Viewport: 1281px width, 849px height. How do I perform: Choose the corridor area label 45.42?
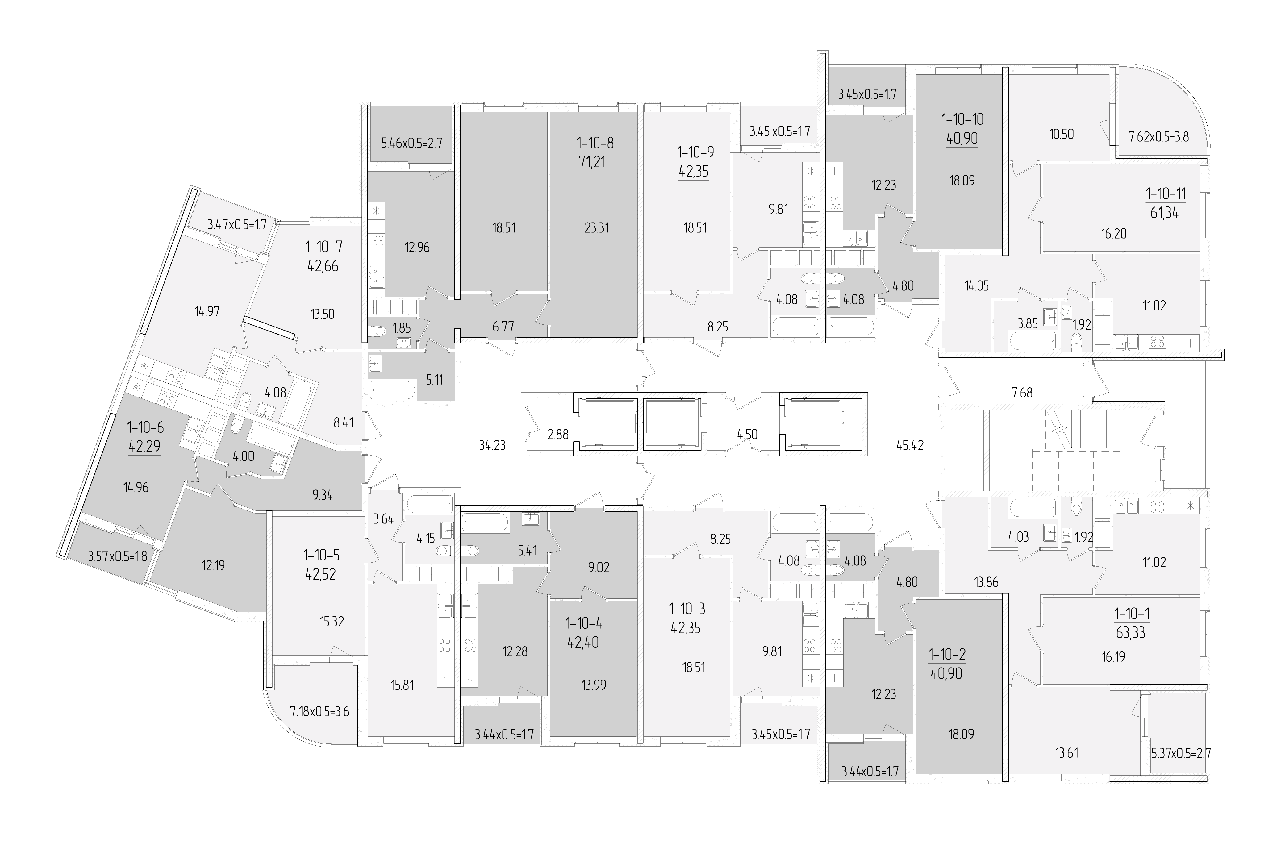point(910,446)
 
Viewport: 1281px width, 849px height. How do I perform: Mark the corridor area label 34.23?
point(492,446)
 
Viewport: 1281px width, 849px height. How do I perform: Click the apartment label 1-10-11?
point(1166,194)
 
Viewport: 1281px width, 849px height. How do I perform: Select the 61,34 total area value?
point(1165,213)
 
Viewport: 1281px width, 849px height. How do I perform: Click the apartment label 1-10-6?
point(145,428)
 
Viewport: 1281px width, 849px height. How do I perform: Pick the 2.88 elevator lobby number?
point(558,434)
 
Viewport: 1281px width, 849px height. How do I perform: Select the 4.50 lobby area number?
point(747,434)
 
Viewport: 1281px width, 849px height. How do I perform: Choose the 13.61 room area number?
point(1066,753)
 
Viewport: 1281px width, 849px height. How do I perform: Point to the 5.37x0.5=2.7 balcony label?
point(1180,753)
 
